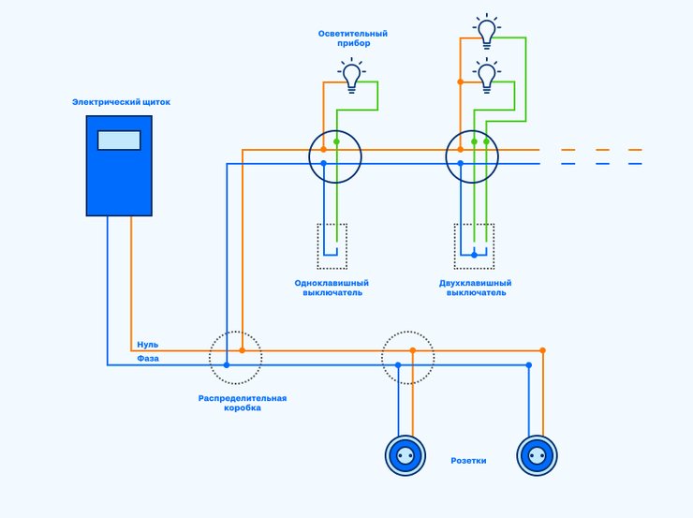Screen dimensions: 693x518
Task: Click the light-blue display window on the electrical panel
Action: [x=119, y=141]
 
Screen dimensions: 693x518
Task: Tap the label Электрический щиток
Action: [x=121, y=102]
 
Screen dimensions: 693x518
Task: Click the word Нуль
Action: [x=148, y=345]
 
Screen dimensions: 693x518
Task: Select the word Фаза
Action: [x=148, y=359]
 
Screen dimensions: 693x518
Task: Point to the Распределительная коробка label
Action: [x=243, y=403]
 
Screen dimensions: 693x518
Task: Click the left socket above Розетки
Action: [x=405, y=455]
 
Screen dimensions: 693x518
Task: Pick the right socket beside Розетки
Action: [x=537, y=455]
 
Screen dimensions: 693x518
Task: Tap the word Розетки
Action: [x=468, y=461]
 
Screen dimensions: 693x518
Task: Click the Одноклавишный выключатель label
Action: [x=332, y=288]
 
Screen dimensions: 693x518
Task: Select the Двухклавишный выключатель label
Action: [x=475, y=288]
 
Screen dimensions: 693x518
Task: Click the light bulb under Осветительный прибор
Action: [x=352, y=76]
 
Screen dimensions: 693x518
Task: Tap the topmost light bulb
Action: [x=487, y=31]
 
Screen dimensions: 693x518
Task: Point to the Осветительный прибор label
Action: [x=353, y=38]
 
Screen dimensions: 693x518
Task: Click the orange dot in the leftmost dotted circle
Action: [x=243, y=350]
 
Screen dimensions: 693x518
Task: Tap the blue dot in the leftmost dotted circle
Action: [x=227, y=365]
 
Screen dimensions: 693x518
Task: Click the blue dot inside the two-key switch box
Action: [x=474, y=255]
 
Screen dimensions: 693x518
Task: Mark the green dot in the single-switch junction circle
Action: [x=337, y=141]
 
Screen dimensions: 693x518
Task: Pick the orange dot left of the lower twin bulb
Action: [x=460, y=81]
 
